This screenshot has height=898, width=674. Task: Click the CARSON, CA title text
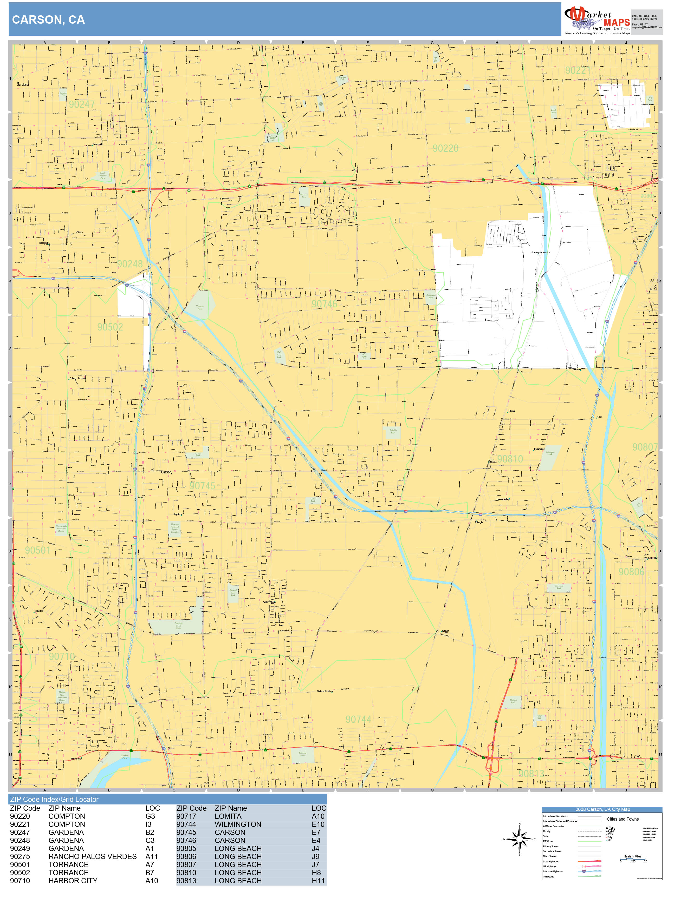[48, 20]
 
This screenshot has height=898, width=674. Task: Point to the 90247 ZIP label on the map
[82, 105]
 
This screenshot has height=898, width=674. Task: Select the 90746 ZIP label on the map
[324, 304]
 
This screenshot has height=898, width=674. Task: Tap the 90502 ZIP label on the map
[110, 327]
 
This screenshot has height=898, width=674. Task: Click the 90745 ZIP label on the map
[202, 486]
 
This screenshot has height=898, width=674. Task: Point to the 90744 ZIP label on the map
[358, 720]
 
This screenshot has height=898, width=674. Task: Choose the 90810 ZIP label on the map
[510, 459]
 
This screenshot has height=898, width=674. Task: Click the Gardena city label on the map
[23, 84]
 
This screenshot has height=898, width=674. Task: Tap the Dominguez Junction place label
[541, 253]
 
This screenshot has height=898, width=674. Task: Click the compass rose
[519, 839]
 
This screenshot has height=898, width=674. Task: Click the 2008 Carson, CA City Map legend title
[602, 809]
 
